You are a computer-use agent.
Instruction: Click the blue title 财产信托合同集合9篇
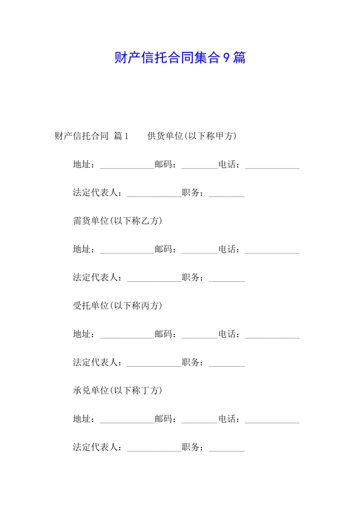180,58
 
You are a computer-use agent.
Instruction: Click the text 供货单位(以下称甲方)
192,136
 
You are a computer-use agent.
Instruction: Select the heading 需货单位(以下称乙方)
117,221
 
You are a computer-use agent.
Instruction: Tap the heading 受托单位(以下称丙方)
117,306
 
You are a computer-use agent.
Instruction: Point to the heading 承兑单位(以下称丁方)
117,390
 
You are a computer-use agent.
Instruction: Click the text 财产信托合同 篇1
92,136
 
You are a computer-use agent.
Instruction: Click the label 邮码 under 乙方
164,249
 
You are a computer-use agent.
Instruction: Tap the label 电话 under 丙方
227,334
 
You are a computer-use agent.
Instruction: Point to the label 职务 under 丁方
191,447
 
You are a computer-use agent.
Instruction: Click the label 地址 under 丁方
82,419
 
